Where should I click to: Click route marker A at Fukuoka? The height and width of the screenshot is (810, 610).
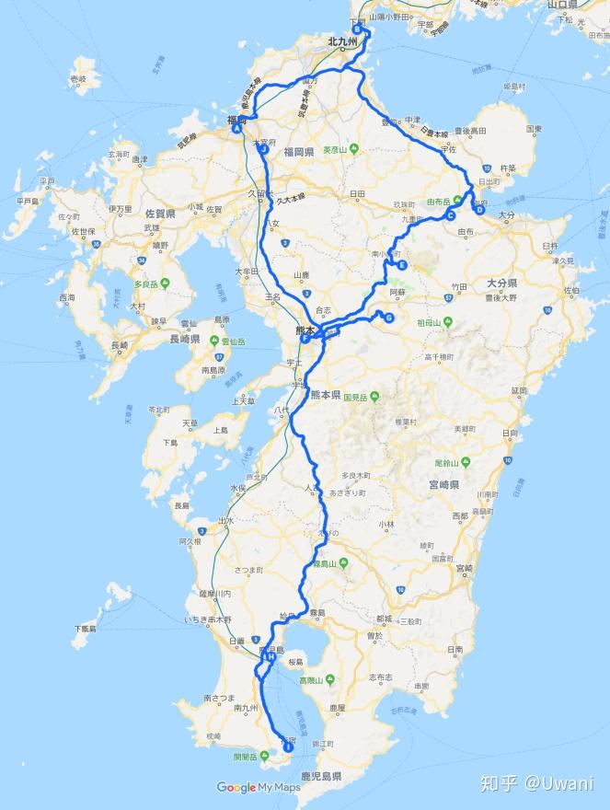point(237,128)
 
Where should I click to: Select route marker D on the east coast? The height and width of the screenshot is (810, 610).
point(479,209)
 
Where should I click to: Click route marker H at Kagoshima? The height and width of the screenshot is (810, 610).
point(270,656)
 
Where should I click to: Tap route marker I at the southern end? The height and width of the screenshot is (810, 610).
point(288,747)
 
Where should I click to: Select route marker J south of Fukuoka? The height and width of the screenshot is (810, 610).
point(264,148)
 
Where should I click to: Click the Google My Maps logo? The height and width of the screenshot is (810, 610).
point(259,787)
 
